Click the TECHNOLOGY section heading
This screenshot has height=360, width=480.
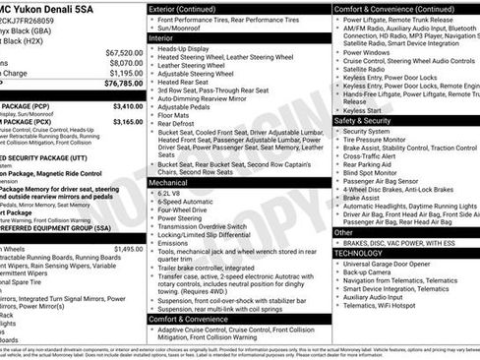pyautogui.click(x=365, y=253)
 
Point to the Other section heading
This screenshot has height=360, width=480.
pyautogui.click(x=343, y=232)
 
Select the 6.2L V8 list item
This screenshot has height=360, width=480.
pyautogui.click(x=170, y=194)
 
